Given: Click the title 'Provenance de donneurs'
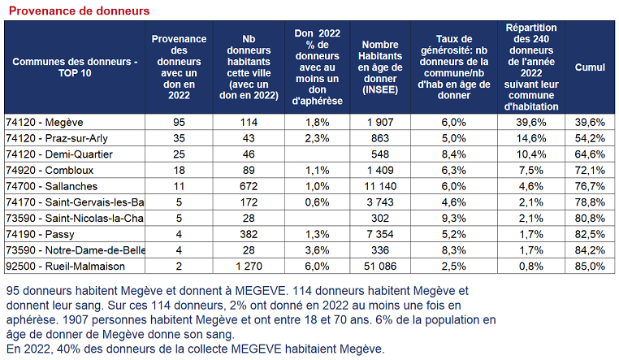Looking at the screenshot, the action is click(x=79, y=11).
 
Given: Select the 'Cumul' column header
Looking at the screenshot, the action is click(x=590, y=67).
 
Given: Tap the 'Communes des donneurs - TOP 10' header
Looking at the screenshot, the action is click(x=75, y=67).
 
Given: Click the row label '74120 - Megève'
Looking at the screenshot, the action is click(x=44, y=123).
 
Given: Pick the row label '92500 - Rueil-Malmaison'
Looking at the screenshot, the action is click(x=65, y=267).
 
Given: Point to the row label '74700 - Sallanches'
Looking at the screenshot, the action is click(x=51, y=186).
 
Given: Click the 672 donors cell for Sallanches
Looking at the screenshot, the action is click(x=249, y=186).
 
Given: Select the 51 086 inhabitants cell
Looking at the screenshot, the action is click(x=380, y=267).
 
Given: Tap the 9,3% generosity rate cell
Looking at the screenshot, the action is click(x=453, y=219).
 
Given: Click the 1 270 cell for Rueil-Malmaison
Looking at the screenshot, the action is click(x=249, y=267).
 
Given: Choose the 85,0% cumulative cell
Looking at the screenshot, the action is click(x=590, y=267).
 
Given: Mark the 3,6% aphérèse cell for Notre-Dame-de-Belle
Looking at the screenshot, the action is click(x=317, y=250).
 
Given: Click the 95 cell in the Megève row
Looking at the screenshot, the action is click(x=179, y=123).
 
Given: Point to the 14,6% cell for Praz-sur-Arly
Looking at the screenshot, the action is click(x=531, y=138).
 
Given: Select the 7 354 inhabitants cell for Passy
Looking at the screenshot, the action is click(x=380, y=235).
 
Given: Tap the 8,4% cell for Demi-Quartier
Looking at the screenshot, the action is click(x=453, y=154).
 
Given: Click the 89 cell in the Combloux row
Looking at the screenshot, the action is click(x=249, y=171).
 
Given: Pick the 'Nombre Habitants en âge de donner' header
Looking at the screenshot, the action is click(x=380, y=67).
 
